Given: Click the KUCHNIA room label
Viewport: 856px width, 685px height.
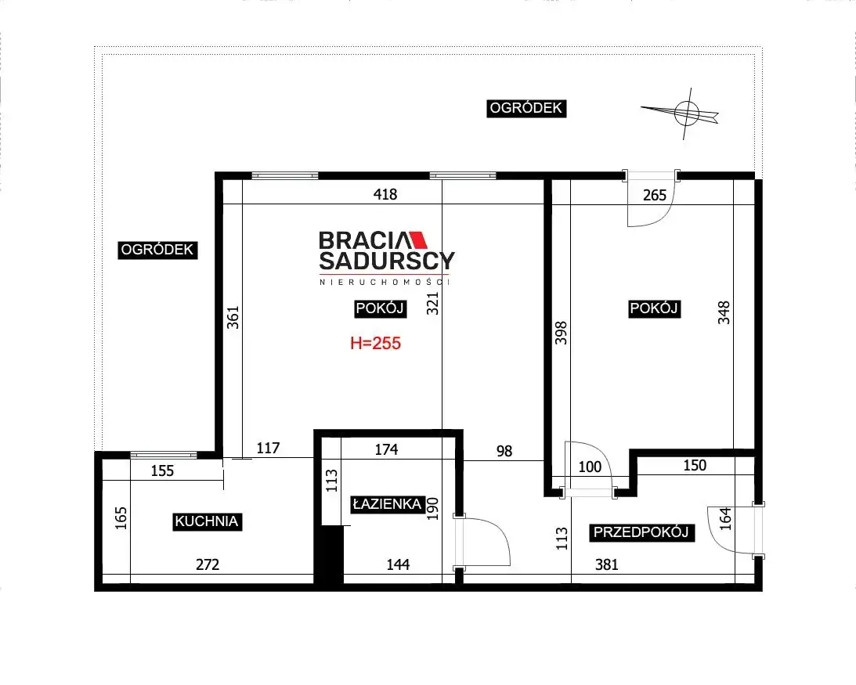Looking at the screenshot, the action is [207, 521].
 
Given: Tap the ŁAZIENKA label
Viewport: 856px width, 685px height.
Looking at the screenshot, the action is [387, 504].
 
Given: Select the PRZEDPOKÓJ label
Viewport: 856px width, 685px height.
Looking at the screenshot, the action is [641, 532].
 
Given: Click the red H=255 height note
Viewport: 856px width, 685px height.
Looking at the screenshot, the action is [376, 344].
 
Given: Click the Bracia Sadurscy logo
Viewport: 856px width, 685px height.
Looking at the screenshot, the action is [386, 258].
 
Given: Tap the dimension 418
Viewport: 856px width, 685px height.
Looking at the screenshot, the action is [385, 194].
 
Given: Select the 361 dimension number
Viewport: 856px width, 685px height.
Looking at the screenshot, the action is [233, 318].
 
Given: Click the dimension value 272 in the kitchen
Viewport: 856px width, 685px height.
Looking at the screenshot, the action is [208, 564].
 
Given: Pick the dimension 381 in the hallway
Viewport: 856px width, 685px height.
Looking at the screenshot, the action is [606, 564].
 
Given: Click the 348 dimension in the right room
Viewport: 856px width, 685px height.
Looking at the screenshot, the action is [724, 313].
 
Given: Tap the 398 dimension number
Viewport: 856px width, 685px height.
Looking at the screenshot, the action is [562, 333].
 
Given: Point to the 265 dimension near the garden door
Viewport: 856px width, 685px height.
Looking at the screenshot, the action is [655, 195].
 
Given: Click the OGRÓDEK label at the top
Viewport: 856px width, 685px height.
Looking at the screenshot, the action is [526, 108].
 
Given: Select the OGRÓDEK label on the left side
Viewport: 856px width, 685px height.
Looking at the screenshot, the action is [157, 250].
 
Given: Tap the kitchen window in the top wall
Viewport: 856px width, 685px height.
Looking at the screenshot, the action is [164, 455].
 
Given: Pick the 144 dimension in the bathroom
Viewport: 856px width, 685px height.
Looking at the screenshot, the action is [398, 564].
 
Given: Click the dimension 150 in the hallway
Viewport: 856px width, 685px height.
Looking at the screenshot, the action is [695, 466].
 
